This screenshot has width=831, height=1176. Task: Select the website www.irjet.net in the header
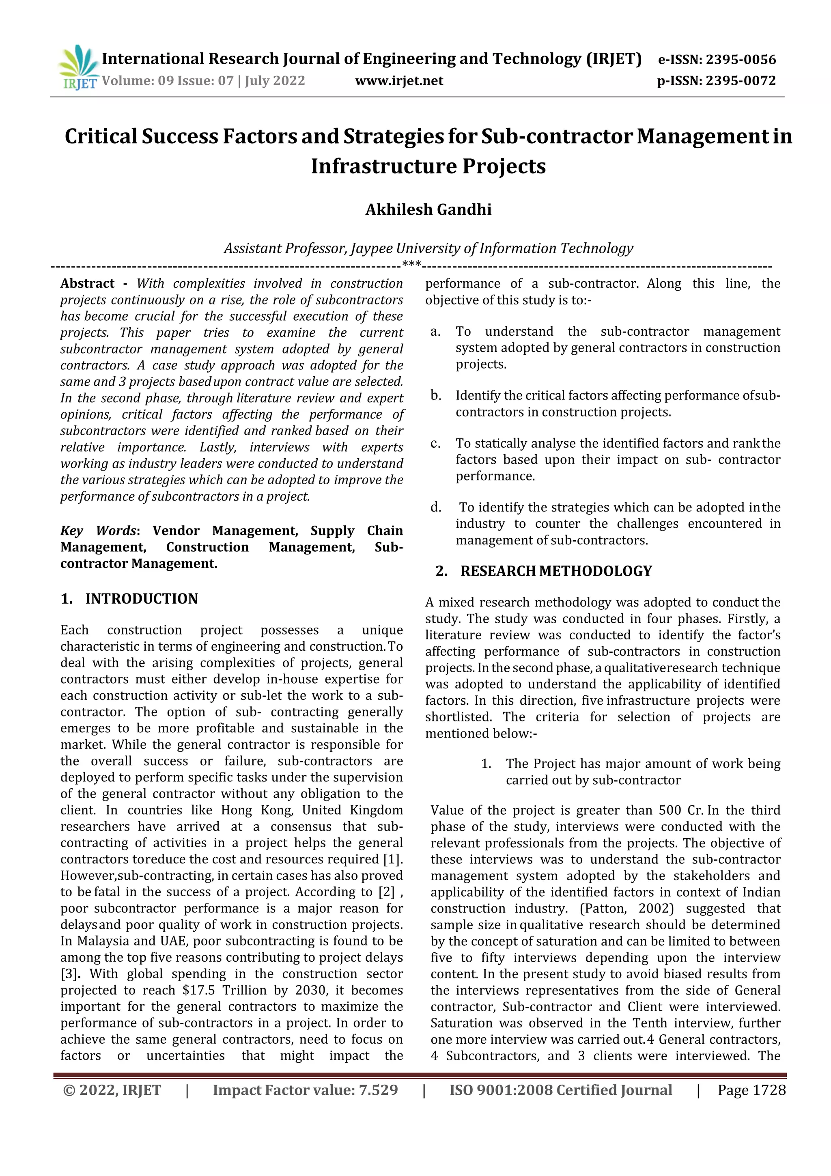click(x=399, y=81)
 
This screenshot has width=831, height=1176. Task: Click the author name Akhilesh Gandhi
click(x=428, y=209)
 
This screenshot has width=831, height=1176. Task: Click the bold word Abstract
click(x=87, y=284)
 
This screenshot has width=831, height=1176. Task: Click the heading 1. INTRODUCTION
click(x=129, y=599)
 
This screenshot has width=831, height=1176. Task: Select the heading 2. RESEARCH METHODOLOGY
click(x=544, y=571)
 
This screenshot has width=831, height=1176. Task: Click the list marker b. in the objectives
click(x=436, y=395)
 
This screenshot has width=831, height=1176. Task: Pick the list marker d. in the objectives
click(x=436, y=507)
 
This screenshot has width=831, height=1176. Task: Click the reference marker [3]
click(x=68, y=974)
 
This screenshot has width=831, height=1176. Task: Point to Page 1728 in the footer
click(x=751, y=1090)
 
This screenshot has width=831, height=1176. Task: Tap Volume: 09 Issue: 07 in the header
click(x=168, y=81)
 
